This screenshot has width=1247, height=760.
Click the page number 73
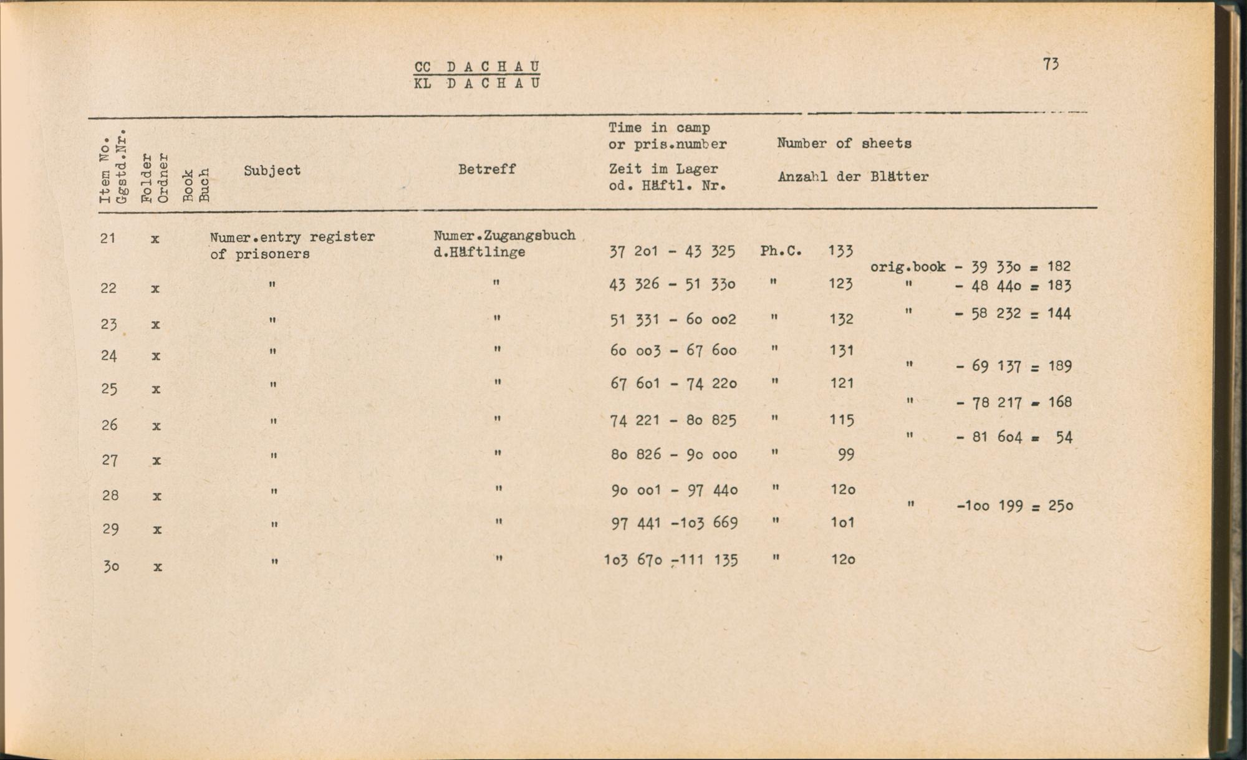pos(1051,64)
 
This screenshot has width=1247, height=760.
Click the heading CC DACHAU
pos(477,66)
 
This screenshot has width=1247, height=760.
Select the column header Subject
pos(272,170)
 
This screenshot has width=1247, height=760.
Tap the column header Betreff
pos(486,169)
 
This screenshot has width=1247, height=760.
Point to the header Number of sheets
pos(844,143)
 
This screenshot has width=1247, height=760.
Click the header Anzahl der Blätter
pos(853,176)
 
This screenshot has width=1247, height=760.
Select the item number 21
pos(108,238)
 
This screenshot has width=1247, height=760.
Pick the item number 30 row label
pos(111,566)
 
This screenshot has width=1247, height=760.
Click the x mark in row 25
pos(156,389)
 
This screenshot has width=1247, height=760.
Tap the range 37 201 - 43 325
pos(672,251)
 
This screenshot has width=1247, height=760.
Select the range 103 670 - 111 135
pos(670,560)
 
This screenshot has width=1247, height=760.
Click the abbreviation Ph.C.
pos(781,251)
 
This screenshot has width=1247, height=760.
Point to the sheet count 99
pos(845,455)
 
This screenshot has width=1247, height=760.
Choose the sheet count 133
pos(840,251)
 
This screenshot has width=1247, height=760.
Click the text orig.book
pos(907,267)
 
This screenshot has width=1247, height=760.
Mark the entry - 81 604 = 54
pos(1013,437)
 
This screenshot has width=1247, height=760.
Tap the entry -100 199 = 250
pos(1014,506)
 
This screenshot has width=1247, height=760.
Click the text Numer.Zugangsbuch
pos(504,236)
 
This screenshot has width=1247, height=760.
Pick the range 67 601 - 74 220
pos(673,383)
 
